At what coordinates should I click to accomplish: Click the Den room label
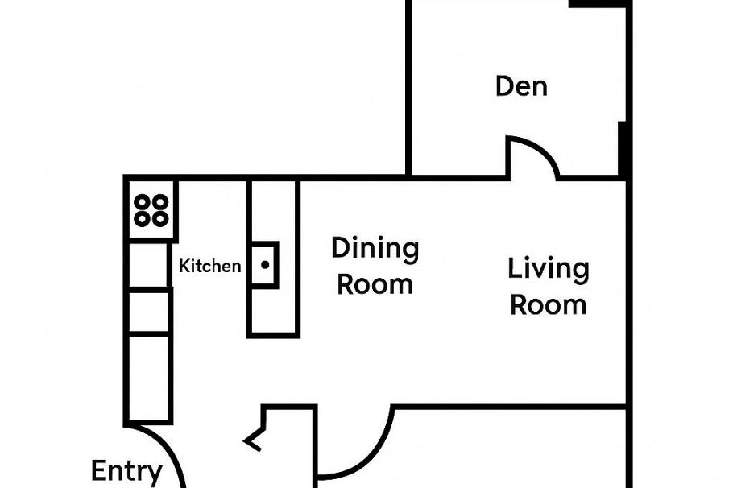click(x=521, y=85)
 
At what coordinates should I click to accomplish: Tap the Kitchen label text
click(x=209, y=266)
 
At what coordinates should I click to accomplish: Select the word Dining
click(x=375, y=249)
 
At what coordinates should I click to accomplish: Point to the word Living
click(x=548, y=269)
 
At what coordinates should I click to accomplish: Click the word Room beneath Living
click(x=548, y=305)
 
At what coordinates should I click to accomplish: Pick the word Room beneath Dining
click(x=375, y=284)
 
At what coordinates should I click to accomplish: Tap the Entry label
click(x=126, y=471)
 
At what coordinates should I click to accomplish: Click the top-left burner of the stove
click(x=142, y=202)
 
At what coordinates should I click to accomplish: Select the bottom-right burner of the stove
click(x=159, y=218)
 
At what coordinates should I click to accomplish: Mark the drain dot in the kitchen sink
click(x=264, y=264)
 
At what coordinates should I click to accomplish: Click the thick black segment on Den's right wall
click(x=623, y=149)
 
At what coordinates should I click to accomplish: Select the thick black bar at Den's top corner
click(x=598, y=4)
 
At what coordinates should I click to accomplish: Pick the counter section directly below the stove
click(x=149, y=265)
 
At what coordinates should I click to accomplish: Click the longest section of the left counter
click(x=149, y=377)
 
